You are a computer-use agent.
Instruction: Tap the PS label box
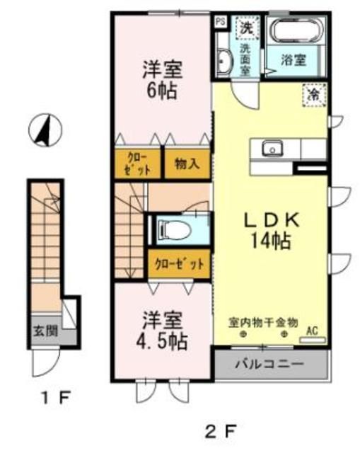(220, 22)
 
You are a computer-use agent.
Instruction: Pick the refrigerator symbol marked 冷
(311, 93)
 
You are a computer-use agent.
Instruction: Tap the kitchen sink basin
(272, 149)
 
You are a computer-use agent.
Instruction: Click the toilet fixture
(173, 229)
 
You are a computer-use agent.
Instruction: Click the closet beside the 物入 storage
(139, 164)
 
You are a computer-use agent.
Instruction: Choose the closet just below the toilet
(180, 263)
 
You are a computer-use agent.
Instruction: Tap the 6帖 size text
(163, 92)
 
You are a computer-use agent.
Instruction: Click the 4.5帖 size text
(162, 342)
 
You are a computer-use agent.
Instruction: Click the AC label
(312, 330)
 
